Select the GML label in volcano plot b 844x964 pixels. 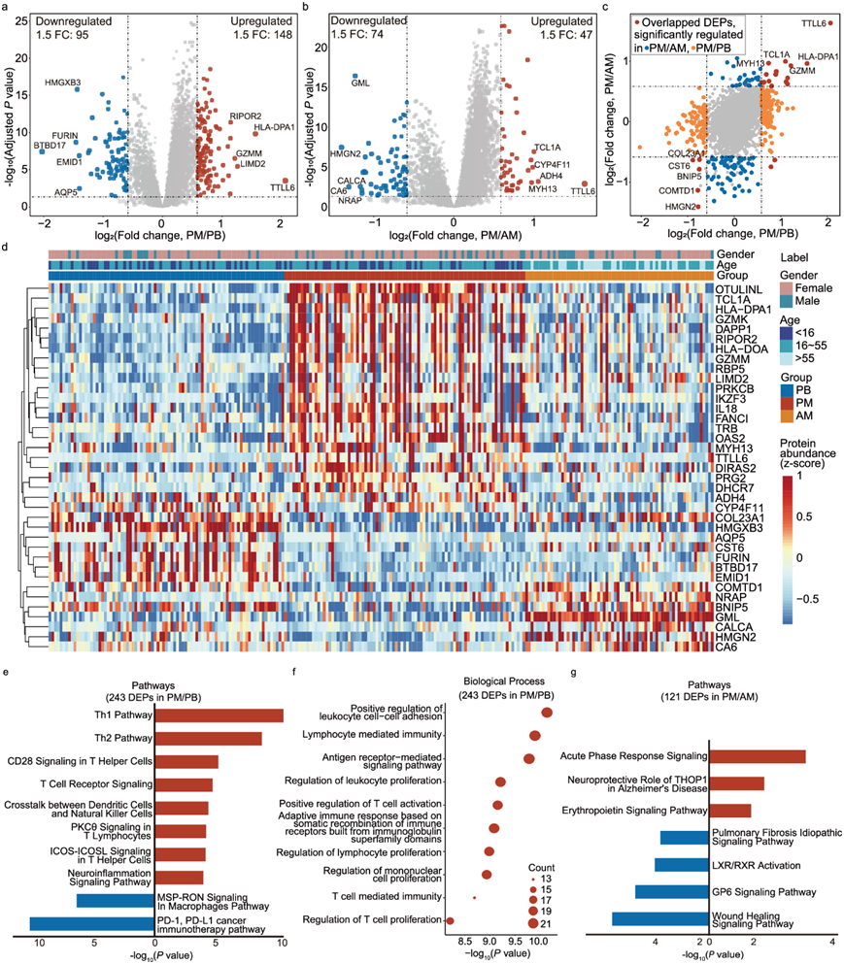[360, 84]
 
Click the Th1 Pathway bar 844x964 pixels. [219, 715]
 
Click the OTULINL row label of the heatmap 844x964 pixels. [738, 290]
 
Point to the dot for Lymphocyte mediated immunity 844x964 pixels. [534, 736]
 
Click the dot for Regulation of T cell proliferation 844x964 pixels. [450, 919]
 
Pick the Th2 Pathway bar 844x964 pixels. [208, 739]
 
